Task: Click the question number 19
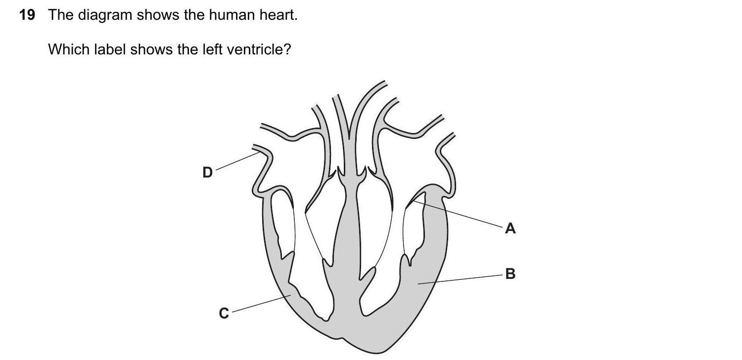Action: (x=27, y=15)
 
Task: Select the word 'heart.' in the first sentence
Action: (x=278, y=15)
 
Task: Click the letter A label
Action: (x=510, y=228)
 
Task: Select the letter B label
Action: (x=510, y=273)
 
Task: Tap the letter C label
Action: (x=224, y=314)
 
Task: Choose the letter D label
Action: (x=208, y=172)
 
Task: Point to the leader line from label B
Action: (x=460, y=278)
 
